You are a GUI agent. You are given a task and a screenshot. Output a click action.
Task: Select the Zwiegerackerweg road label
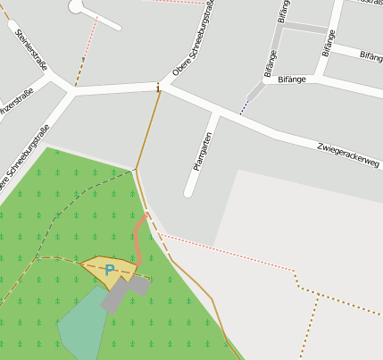(346, 156)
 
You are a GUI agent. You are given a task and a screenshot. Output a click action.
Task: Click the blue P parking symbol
(110, 270)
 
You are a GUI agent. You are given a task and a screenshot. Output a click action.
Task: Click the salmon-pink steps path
(137, 237)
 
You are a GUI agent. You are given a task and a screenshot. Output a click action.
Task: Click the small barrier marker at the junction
(159, 88)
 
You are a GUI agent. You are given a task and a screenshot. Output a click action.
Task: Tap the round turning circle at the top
(79, 5)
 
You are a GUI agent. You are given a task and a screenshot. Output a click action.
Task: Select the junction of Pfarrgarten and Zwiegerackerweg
(218, 113)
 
